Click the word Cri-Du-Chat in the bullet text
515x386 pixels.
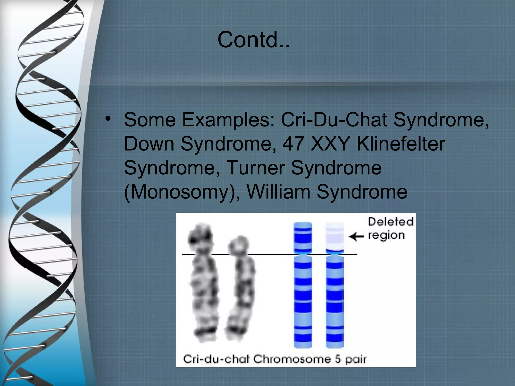click(334, 120)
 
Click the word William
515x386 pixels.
click(278, 192)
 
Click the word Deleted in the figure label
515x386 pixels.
click(391, 222)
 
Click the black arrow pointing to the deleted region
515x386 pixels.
click(356, 237)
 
